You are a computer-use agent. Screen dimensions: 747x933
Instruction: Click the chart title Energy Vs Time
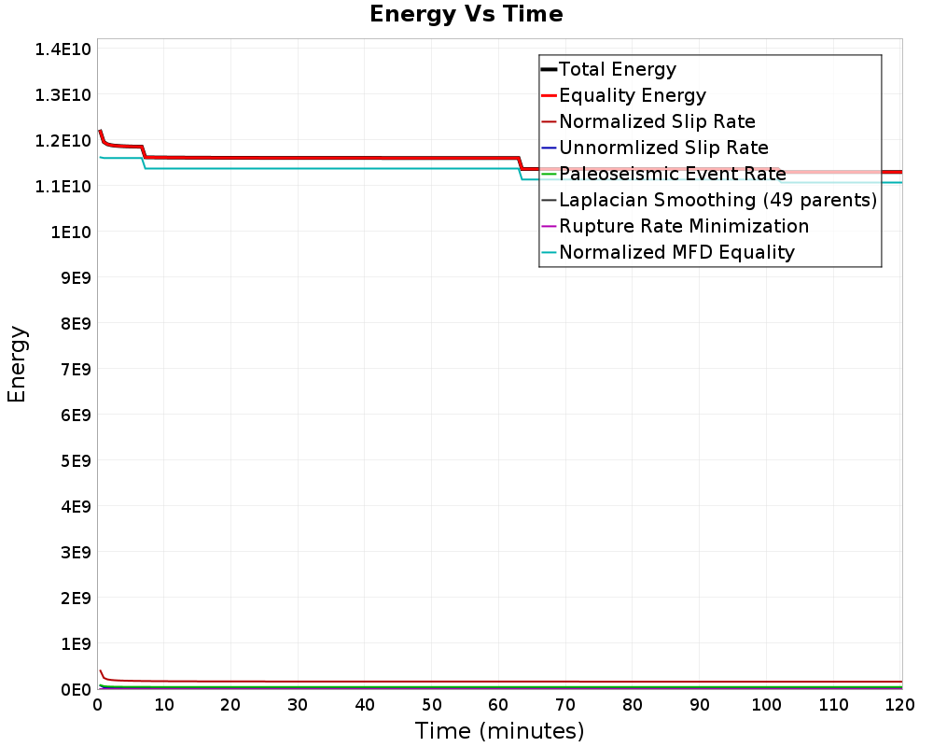click(466, 14)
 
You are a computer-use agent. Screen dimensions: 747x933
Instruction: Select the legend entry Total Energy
click(617, 69)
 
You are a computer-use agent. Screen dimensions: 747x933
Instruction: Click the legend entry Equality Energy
click(632, 95)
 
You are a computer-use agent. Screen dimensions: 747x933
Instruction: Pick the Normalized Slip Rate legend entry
click(657, 121)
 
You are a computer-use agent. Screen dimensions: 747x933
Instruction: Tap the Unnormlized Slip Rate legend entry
click(663, 148)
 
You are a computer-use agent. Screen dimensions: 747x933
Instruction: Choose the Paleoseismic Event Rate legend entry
click(672, 174)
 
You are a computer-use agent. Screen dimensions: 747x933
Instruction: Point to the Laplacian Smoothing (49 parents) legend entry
click(717, 200)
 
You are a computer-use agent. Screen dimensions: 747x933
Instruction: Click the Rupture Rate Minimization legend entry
click(684, 226)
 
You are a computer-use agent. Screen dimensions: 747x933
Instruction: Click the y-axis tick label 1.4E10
click(63, 49)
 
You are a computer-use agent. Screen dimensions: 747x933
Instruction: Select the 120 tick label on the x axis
click(899, 706)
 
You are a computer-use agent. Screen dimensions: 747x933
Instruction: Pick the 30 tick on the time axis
click(298, 706)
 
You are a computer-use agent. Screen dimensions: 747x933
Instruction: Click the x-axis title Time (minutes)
click(499, 731)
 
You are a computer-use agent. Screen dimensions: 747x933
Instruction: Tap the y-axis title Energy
click(17, 364)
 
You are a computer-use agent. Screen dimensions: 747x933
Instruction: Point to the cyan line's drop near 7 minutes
click(144, 163)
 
